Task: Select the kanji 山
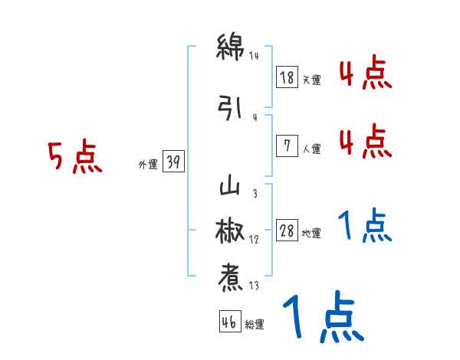230,186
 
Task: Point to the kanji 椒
230,231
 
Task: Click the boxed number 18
287,77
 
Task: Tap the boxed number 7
287,146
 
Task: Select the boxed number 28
287,231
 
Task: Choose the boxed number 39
173,161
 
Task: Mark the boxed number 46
228,322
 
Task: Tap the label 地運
310,234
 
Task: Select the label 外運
147,164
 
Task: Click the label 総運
254,325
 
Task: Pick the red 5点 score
74,157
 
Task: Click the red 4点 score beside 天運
366,75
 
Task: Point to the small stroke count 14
255,55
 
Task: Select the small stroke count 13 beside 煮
254,286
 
